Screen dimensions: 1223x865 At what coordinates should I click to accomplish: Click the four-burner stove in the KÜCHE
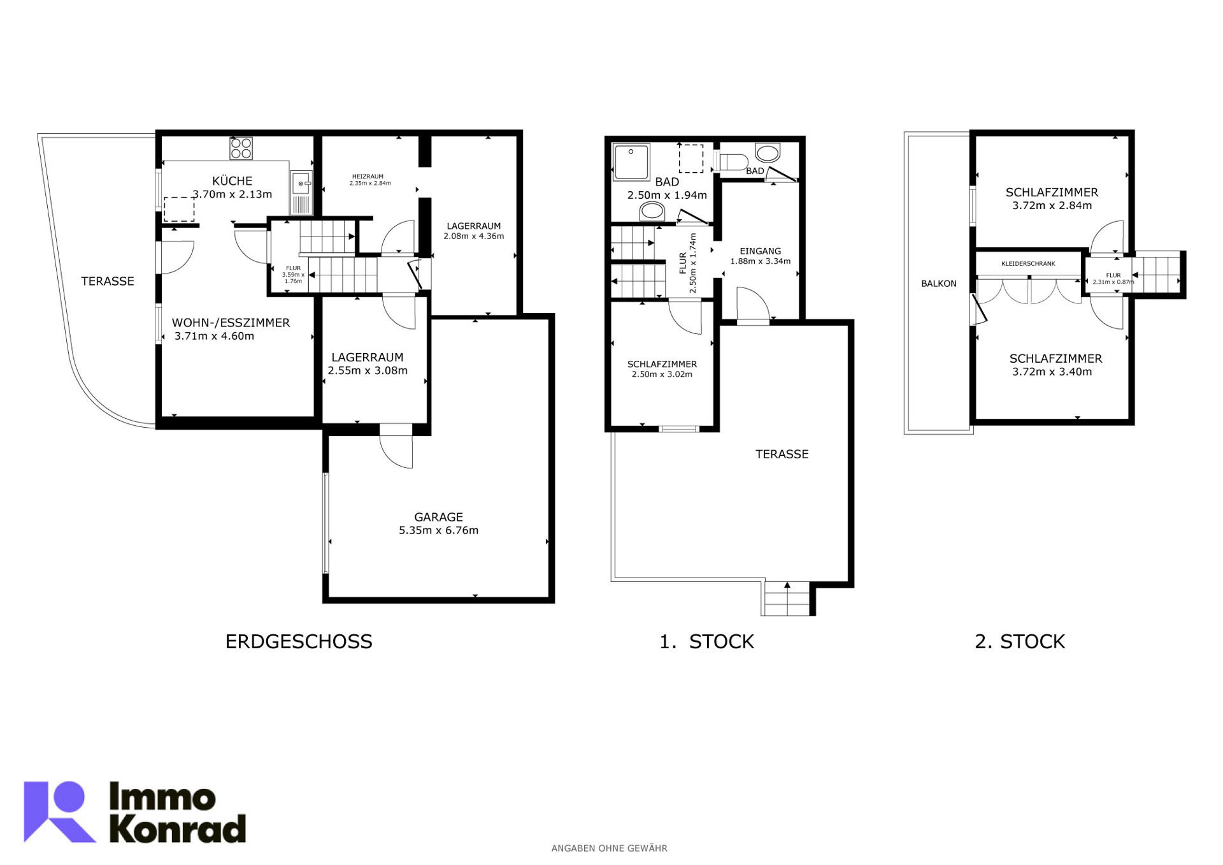(241, 148)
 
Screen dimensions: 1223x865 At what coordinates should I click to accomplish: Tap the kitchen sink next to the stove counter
(301, 193)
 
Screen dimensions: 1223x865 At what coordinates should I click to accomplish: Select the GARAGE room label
(438, 517)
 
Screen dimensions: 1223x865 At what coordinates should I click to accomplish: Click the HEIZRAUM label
(368, 177)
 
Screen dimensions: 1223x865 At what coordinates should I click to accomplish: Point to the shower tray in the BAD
(631, 162)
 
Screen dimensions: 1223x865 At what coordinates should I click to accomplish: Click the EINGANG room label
(760, 251)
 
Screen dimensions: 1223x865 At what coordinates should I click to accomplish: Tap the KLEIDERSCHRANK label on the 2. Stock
(1028, 263)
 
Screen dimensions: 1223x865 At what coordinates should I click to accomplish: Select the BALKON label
(938, 284)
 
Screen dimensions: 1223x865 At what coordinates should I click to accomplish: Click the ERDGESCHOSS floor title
(299, 641)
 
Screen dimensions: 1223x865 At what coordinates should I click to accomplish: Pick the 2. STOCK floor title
(1019, 641)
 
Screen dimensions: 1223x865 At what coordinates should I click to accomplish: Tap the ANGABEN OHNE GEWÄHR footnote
(609, 848)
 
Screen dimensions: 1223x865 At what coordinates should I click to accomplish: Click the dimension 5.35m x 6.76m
(438, 530)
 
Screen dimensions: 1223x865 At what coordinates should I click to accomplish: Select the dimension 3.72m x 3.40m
(1052, 372)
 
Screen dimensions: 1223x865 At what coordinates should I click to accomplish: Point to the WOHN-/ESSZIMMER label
(231, 323)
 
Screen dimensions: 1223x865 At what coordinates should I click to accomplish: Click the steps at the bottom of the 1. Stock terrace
(787, 599)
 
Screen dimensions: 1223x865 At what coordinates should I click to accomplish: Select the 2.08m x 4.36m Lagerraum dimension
(473, 236)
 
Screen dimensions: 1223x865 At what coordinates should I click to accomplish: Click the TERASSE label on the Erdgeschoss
(107, 281)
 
